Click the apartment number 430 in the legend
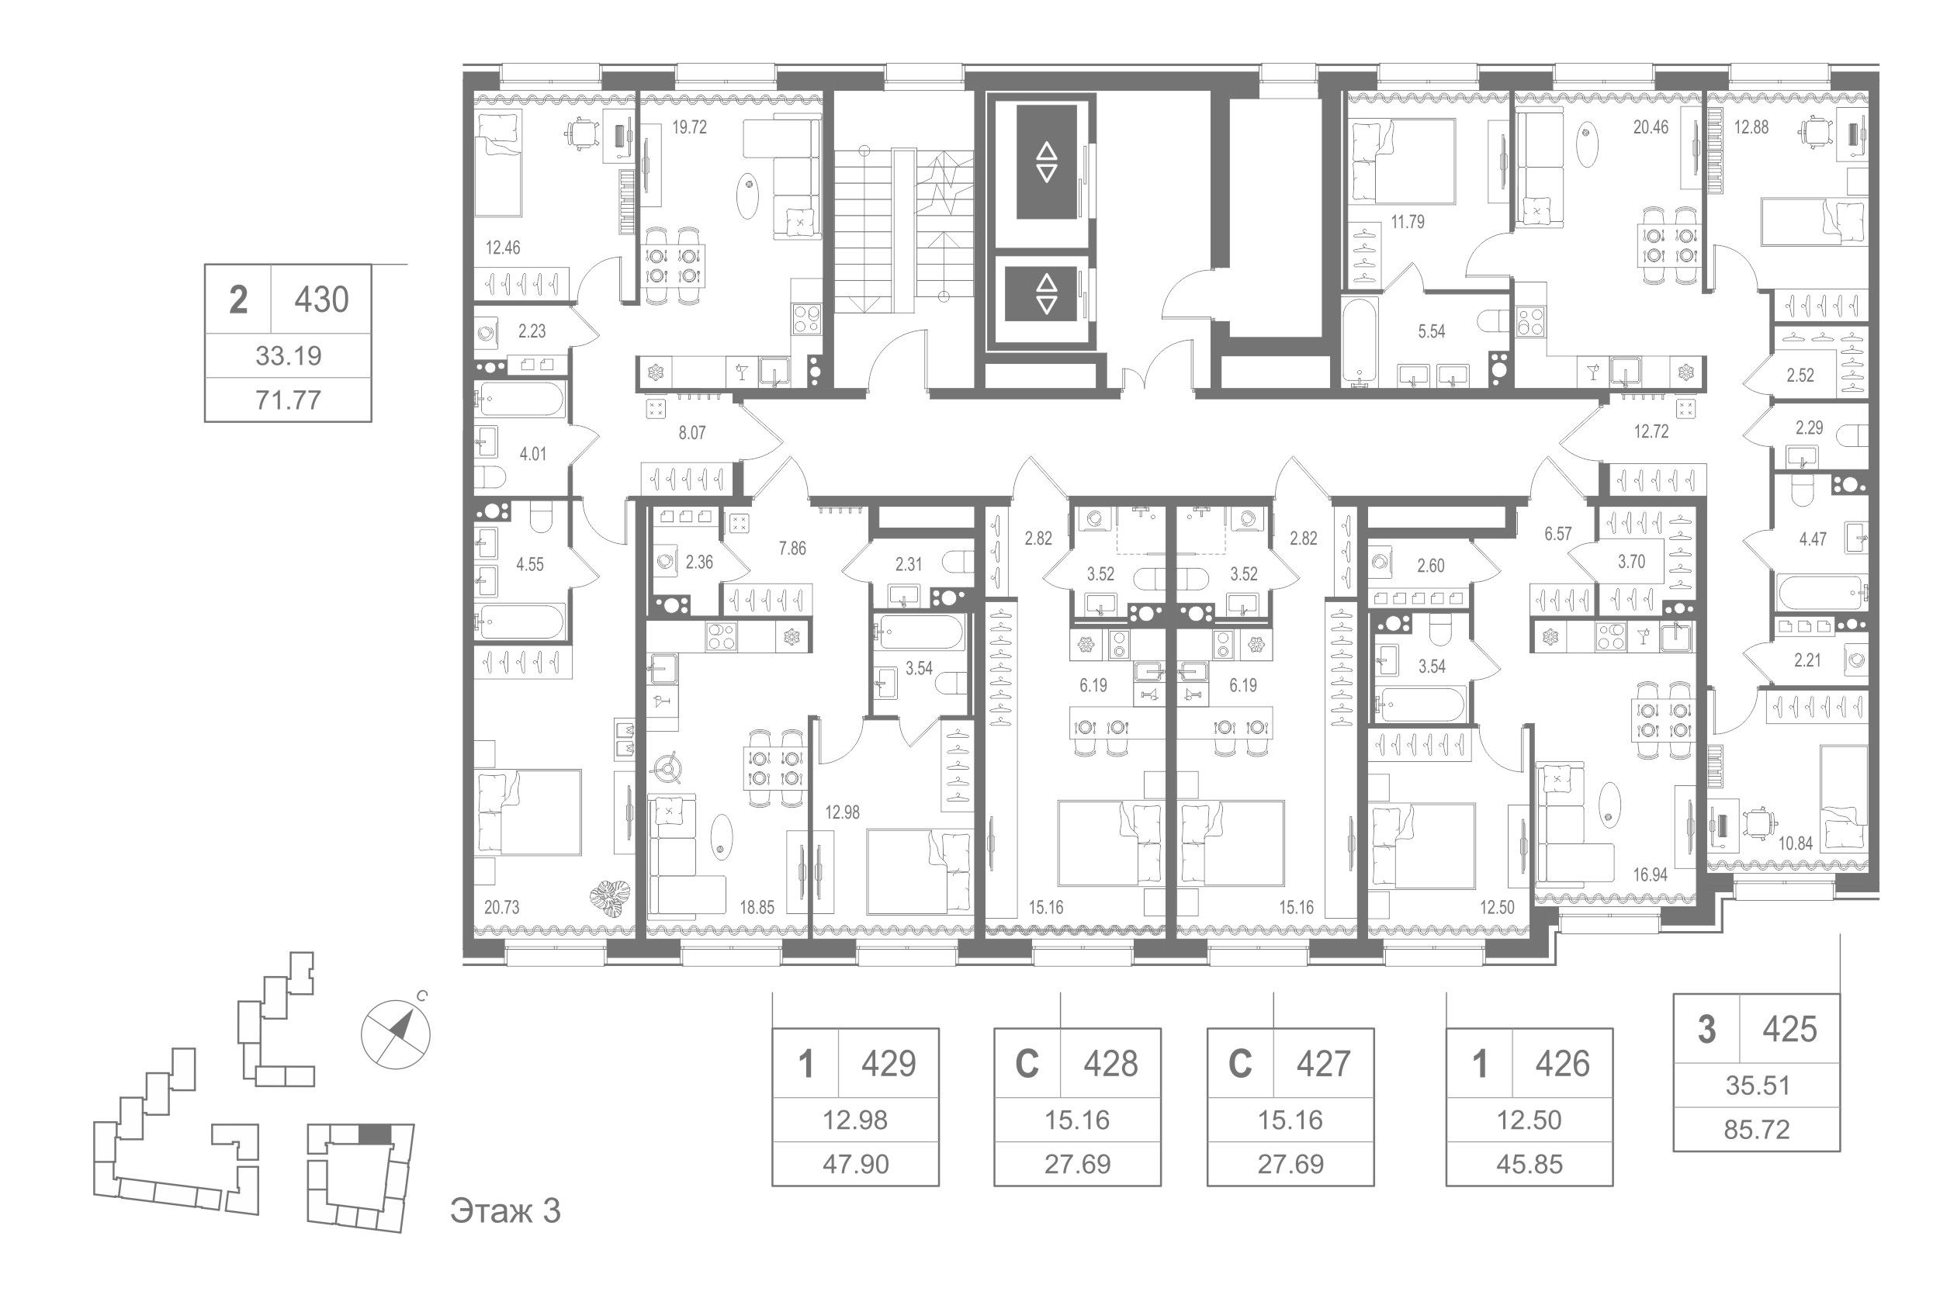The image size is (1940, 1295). coord(321,299)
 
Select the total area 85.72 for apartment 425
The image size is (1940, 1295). coord(1757,1129)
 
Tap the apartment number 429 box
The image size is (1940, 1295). coord(889,1064)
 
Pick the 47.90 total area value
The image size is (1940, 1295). coord(856,1165)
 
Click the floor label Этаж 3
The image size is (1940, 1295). coord(505,1210)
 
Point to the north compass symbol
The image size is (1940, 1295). coord(397,1034)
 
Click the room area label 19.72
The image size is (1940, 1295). coord(689,128)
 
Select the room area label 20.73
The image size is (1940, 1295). coord(501,908)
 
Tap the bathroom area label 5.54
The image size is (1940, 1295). coord(1431,332)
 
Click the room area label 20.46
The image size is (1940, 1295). coord(1650,127)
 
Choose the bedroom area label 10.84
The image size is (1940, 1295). coord(1796,843)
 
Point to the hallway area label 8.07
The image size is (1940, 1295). coord(691,433)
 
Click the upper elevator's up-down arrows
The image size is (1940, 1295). coord(1046,162)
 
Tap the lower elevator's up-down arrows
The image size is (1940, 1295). coord(1046,294)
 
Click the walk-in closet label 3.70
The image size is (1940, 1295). coord(1631,563)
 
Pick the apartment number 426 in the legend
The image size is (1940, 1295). coord(1562,1064)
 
